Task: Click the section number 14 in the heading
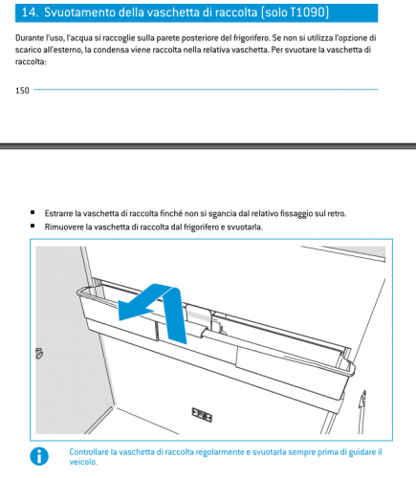(30, 12)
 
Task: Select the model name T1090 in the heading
(308, 12)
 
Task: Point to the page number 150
(22, 91)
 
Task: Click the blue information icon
(39, 456)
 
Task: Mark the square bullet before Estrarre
(33, 212)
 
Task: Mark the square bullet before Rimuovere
(33, 226)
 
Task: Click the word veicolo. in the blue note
(83, 462)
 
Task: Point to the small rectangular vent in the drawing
(202, 415)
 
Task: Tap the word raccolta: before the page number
(31, 61)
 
